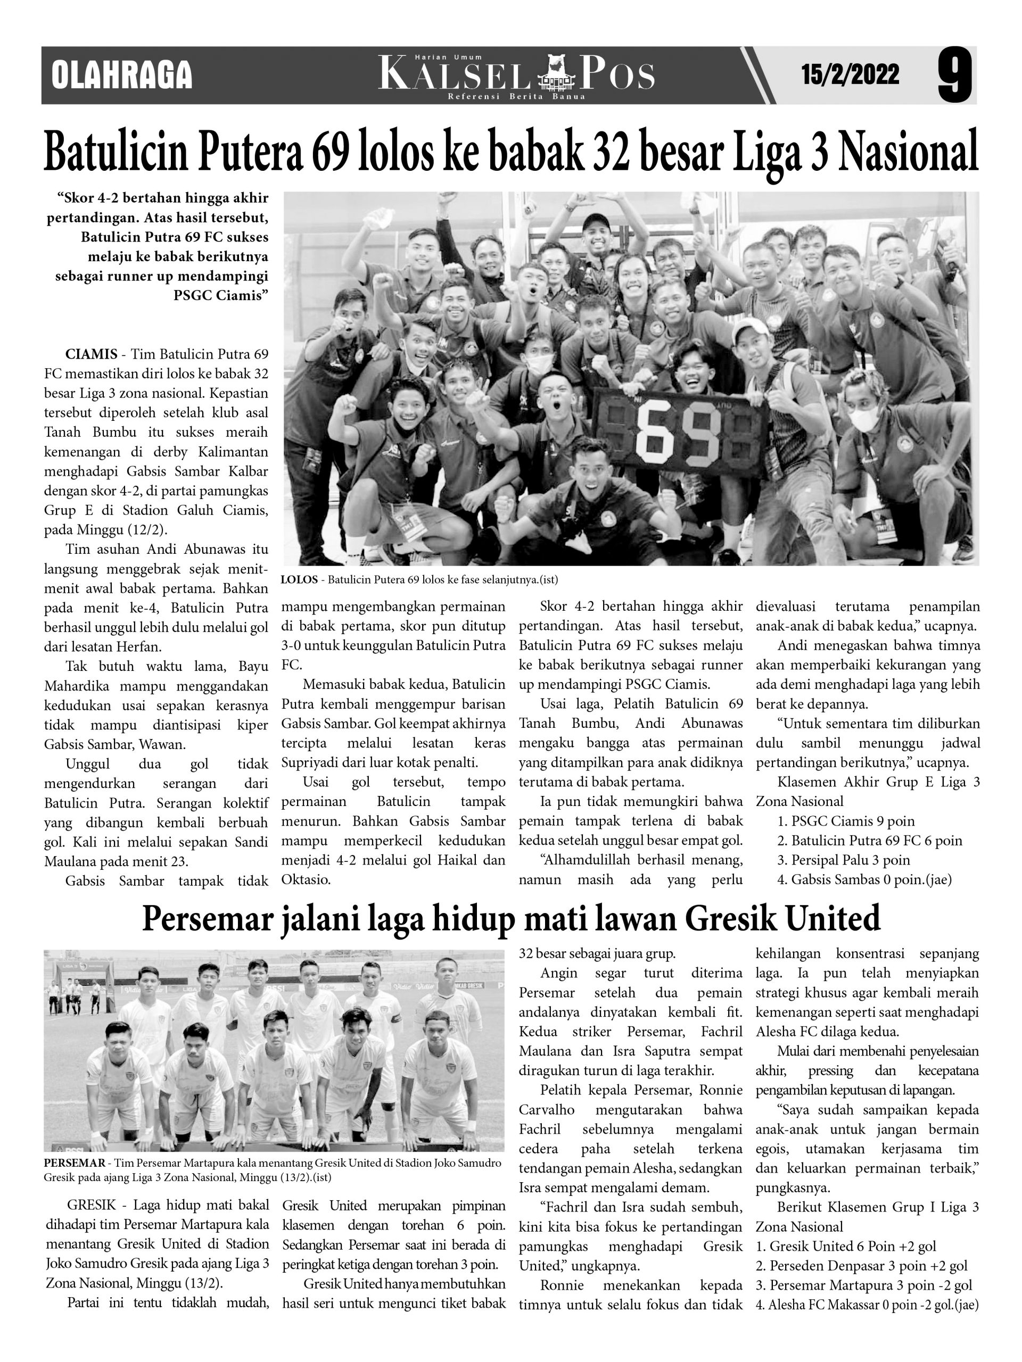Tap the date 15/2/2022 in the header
click(850, 75)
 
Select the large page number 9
click(954, 75)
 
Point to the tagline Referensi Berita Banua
click(516, 97)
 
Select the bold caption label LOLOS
click(299, 579)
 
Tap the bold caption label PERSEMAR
click(75, 1163)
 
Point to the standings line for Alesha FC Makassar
click(866, 1305)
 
